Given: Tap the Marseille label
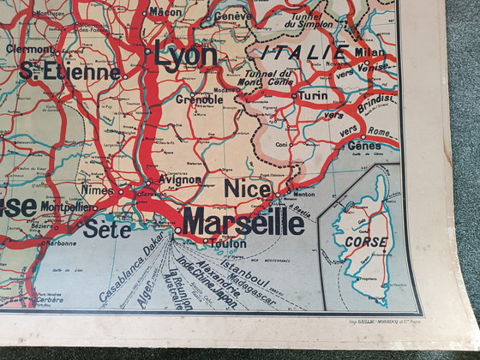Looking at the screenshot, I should tap(243, 222).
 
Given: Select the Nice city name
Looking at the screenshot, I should tap(249, 188).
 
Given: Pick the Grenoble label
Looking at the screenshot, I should tap(199, 99).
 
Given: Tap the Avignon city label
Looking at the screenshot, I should tap(178, 181).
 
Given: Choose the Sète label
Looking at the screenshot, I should tap(107, 228).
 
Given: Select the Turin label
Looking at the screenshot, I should tap(312, 97).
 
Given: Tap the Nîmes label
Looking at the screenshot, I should tap(98, 189).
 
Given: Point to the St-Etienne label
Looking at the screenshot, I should tap(70, 73).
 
